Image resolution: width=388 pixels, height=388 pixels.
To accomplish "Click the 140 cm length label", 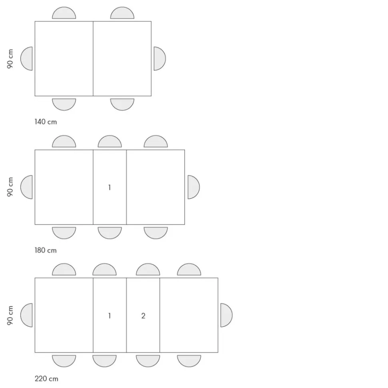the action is pyautogui.click(x=46, y=122).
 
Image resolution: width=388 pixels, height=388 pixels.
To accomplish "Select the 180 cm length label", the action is pyautogui.click(x=46, y=250).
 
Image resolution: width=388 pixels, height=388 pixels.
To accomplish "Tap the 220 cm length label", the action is pyautogui.click(x=46, y=378).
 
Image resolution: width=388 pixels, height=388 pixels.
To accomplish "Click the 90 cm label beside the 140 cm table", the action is pyautogui.click(x=10, y=59).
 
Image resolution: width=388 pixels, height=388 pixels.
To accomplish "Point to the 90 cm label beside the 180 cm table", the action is pyautogui.click(x=10, y=187).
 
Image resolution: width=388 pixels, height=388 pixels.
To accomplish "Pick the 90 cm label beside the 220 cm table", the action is pyautogui.click(x=10, y=315).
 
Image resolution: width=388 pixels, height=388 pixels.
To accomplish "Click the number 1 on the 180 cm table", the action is pyautogui.click(x=109, y=187).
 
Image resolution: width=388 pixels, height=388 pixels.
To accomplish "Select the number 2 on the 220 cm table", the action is pyautogui.click(x=143, y=316).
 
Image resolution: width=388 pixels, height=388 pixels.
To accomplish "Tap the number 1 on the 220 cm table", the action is pyautogui.click(x=109, y=316).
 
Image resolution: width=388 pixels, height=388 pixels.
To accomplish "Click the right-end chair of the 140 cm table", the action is pyautogui.click(x=159, y=59).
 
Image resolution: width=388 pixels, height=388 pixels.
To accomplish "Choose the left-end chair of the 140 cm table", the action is pyautogui.click(x=26, y=59).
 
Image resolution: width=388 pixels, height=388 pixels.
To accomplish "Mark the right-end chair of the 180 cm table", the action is pyautogui.click(x=193, y=187).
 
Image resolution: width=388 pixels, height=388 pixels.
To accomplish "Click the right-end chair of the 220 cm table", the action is pyautogui.click(x=226, y=315).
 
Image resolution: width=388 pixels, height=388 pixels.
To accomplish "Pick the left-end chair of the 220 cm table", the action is pyautogui.click(x=26, y=315).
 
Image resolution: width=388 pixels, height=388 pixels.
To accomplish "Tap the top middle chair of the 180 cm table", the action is pyautogui.click(x=110, y=142).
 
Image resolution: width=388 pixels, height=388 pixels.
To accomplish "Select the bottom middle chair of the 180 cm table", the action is pyautogui.click(x=110, y=233).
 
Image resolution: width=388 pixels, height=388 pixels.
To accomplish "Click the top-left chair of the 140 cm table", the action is pyautogui.click(x=64, y=13).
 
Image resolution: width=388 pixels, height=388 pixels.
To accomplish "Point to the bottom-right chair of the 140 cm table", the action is pyautogui.click(x=122, y=104).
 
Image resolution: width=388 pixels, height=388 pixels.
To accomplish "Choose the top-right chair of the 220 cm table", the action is pyautogui.click(x=189, y=270).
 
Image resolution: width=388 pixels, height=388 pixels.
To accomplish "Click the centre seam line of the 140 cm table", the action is pyautogui.click(x=93, y=59).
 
